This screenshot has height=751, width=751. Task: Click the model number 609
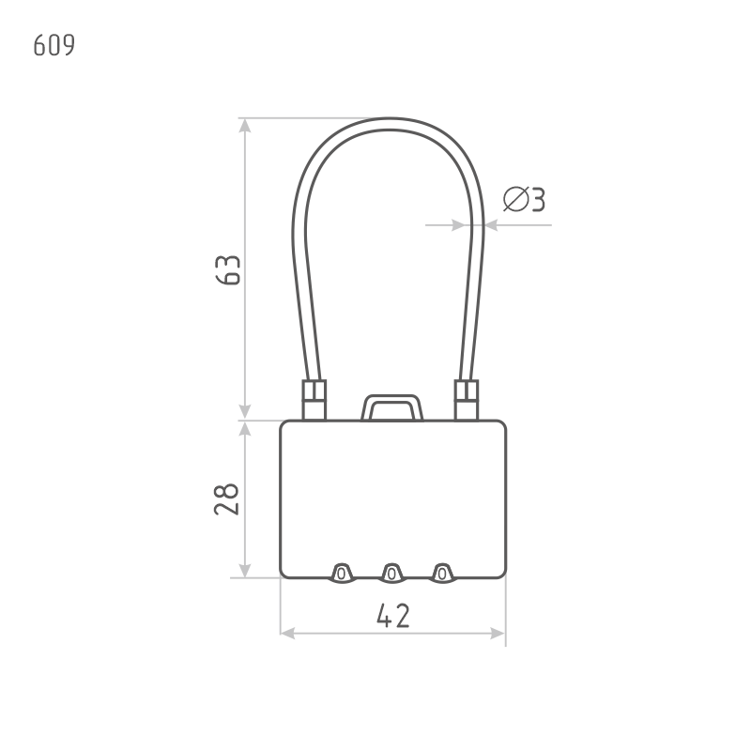tap(54, 45)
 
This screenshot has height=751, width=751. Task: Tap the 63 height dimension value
tap(228, 270)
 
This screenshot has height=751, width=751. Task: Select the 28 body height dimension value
tap(226, 499)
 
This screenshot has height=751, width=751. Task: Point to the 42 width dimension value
tap(393, 616)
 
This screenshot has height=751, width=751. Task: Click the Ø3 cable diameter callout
tap(524, 199)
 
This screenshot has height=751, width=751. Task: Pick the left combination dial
tap(341, 574)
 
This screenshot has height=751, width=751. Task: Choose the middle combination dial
tap(391, 574)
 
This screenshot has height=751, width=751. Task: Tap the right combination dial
tap(442, 574)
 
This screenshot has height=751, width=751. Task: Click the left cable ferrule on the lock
tap(314, 401)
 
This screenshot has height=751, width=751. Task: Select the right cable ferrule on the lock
tap(467, 401)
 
